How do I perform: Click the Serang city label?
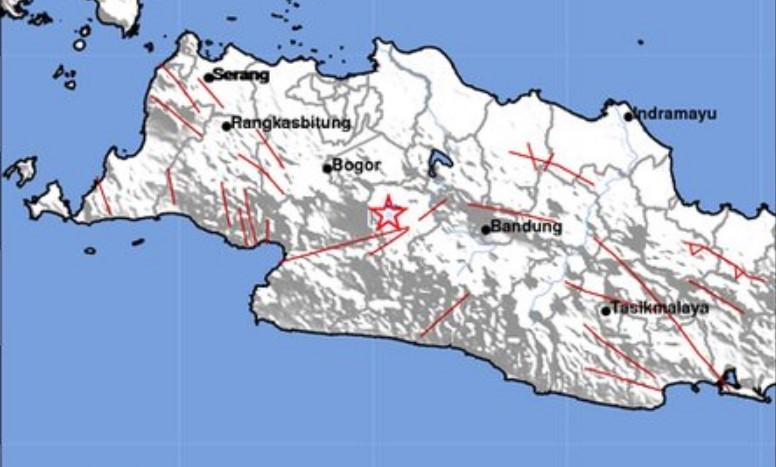(241, 75)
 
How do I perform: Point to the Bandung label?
(526, 227)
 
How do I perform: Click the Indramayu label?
(676, 114)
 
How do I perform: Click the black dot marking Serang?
(208, 77)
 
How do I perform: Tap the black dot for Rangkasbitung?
(227, 125)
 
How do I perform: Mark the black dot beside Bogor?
(327, 168)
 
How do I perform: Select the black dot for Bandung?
(486, 229)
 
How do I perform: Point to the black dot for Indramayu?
(629, 116)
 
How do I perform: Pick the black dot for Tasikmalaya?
(606, 310)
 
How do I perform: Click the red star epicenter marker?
(387, 214)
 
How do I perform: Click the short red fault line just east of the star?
(432, 209)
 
